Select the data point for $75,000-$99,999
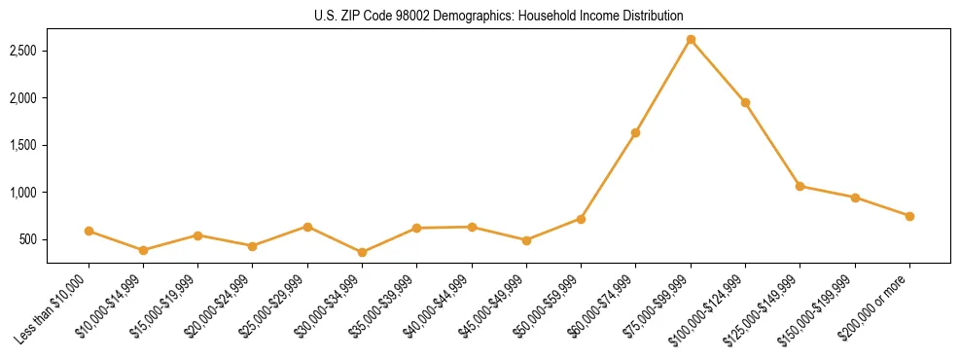[691, 39]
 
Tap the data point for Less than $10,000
[89, 231]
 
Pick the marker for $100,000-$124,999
[745, 102]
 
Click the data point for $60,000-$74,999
[635, 132]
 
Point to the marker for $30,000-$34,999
[362, 252]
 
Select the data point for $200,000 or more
[909, 216]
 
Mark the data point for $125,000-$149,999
[800, 186]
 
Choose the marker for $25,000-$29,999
[307, 227]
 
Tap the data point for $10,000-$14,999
[143, 250]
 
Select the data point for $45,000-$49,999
[526, 240]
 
